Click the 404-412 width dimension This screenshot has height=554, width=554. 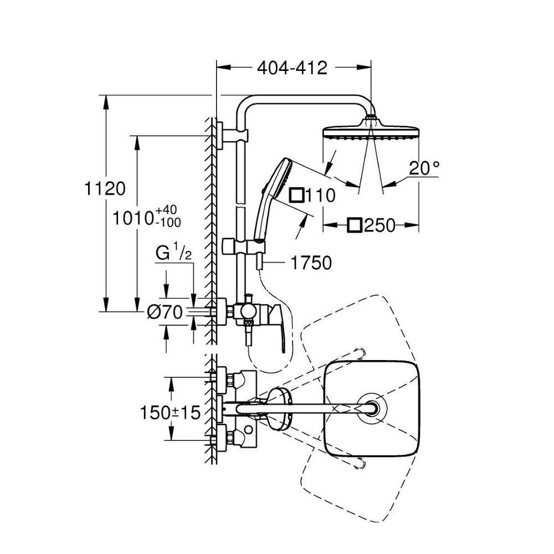coord(293,68)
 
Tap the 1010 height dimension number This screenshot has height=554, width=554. coord(134,218)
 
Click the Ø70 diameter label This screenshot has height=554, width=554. coord(165,313)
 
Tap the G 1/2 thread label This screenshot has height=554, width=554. coord(173,254)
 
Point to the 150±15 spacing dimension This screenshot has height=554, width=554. coord(169,413)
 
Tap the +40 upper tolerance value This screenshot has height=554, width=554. coord(166,210)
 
